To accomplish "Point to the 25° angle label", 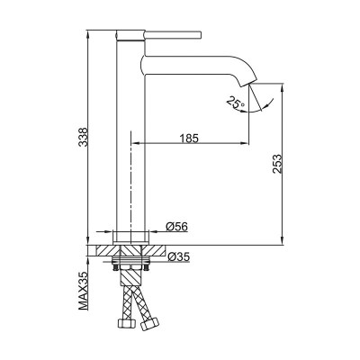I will [236, 104].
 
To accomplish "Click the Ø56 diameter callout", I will [175, 226].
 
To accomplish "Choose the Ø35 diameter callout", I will [177, 257].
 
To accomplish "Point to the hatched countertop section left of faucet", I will [105, 250].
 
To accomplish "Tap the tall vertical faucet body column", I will [130, 135].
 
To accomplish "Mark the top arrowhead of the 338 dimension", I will [94, 29].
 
